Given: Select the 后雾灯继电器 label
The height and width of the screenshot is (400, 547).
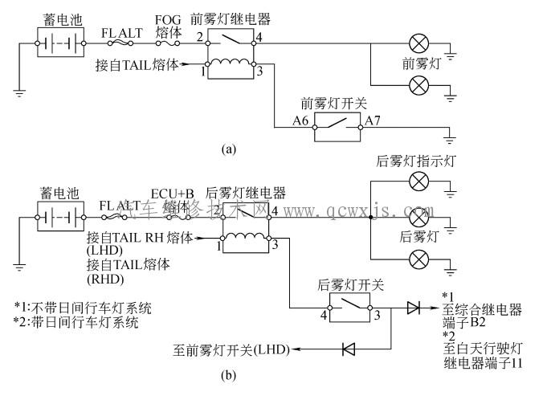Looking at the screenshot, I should [246, 193].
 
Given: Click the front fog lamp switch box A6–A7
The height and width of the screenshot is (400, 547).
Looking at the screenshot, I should [337, 127].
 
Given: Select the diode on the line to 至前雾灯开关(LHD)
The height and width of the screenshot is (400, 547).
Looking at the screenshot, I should [349, 350].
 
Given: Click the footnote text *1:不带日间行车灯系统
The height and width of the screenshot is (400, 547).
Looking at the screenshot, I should [82, 308].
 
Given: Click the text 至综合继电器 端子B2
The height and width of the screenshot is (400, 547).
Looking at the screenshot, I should [482, 315].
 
